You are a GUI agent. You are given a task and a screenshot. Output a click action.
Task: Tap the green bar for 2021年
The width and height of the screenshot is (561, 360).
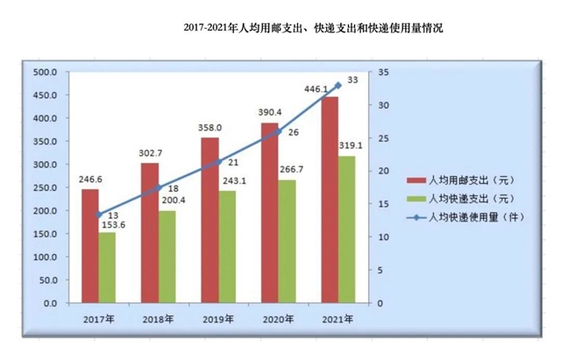347,229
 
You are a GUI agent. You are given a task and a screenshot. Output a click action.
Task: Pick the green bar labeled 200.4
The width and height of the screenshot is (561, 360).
167,257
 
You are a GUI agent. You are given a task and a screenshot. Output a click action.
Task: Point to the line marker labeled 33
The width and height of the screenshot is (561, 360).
338,85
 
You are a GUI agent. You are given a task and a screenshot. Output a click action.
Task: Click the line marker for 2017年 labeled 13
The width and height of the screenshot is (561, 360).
98,215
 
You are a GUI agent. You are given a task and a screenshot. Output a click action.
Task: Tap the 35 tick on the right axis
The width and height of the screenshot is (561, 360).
376,72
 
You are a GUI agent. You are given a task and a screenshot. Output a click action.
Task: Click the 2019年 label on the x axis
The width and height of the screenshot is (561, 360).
218,320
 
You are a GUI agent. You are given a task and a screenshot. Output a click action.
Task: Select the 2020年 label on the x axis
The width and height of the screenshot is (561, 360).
279,320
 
